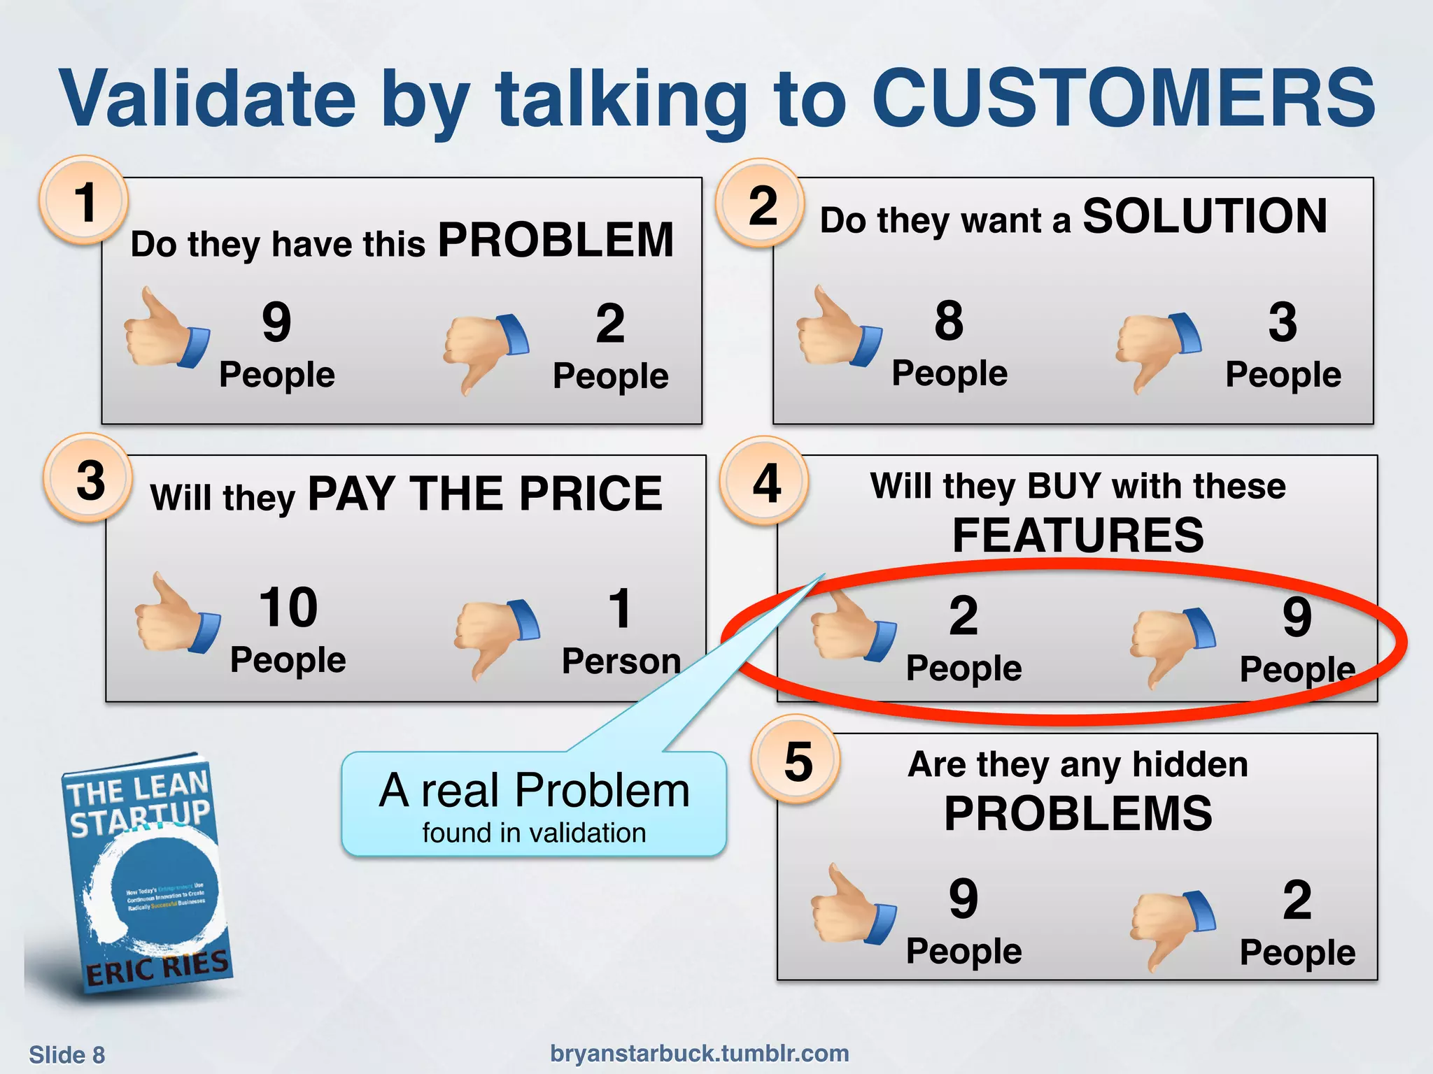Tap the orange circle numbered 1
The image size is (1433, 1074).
click(85, 201)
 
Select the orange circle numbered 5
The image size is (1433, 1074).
click(797, 761)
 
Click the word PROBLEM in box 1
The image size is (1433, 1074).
click(556, 241)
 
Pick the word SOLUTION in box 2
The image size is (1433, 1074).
click(1204, 216)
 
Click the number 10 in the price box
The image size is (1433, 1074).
click(288, 607)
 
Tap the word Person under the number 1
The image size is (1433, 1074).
click(621, 661)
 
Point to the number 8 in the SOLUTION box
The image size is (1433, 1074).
click(949, 321)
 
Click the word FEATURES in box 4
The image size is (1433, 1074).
click(1078, 536)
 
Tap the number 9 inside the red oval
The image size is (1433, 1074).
click(1297, 617)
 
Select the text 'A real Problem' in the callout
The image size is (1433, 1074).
click(534, 791)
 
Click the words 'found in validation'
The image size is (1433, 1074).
click(534, 833)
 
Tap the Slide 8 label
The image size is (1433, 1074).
click(66, 1054)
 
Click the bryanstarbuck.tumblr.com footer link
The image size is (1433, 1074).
click(699, 1053)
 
